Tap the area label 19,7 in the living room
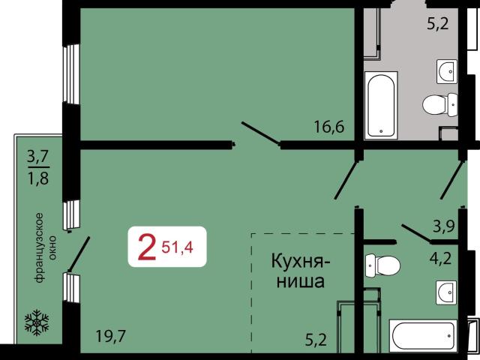click(x=111, y=336)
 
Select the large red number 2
click(x=147, y=247)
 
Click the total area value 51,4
click(x=177, y=244)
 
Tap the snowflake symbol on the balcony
click(x=36, y=322)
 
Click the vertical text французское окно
click(x=42, y=247)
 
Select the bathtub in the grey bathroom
click(x=382, y=105)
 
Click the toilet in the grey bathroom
click(x=439, y=103)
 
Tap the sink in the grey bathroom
click(x=448, y=70)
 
